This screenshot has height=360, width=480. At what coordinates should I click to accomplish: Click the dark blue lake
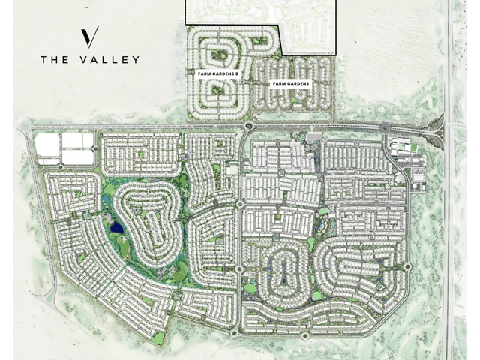click(x=116, y=226)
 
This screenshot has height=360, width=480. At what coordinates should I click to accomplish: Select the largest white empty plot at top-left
click(x=46, y=147)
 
